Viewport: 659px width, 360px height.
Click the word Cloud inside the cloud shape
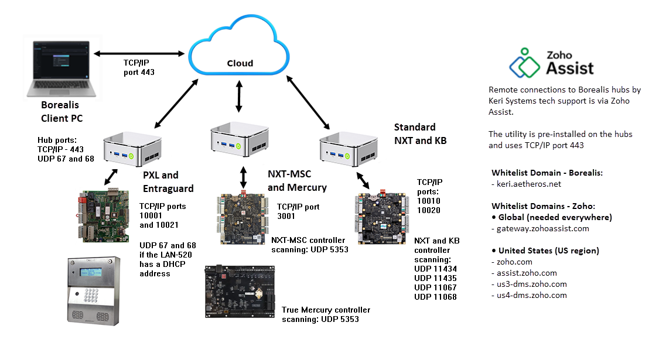click(x=240, y=63)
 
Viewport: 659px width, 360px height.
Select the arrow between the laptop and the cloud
click(x=141, y=54)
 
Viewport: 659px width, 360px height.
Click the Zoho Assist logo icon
click(x=525, y=63)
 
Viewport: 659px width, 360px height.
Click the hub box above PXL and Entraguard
click(x=132, y=148)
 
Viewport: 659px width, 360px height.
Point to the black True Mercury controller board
click(x=240, y=292)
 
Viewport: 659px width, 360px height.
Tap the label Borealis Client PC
click(x=62, y=112)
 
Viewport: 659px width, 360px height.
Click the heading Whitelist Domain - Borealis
click(x=547, y=173)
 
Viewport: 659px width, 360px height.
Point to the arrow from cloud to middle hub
click(x=238, y=96)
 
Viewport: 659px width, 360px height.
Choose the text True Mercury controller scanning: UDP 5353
click(x=326, y=314)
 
